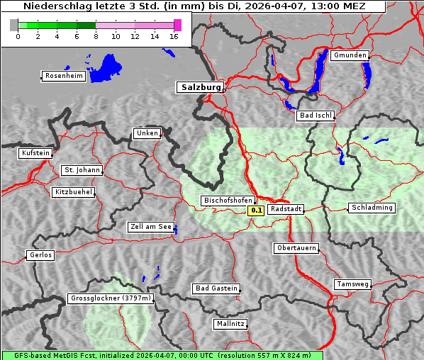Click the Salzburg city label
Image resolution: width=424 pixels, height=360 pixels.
click(x=200, y=87)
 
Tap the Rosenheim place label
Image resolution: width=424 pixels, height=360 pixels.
click(x=63, y=76)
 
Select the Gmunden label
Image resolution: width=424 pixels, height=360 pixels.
click(x=350, y=55)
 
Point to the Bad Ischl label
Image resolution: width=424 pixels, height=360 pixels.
click(x=316, y=116)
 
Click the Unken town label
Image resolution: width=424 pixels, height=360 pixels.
click(x=146, y=133)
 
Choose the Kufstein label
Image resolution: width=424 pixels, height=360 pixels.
click(x=35, y=153)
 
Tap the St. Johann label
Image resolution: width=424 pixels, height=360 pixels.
click(x=82, y=170)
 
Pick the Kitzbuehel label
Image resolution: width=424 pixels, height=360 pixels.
click(x=73, y=192)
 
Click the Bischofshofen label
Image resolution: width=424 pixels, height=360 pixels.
click(x=227, y=201)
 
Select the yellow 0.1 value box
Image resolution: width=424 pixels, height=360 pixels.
click(x=256, y=210)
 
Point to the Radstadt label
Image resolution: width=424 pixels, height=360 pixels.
click(x=286, y=209)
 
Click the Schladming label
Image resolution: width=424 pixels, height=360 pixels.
click(x=372, y=208)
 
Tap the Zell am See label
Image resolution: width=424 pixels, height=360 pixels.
click(x=151, y=227)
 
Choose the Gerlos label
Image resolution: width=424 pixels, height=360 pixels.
click(x=40, y=255)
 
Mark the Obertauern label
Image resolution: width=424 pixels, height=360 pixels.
click(x=296, y=248)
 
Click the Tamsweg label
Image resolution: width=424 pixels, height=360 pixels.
click(x=352, y=284)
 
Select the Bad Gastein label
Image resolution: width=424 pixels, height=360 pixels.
click(x=216, y=288)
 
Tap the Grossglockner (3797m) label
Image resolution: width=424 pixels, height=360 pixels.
click(x=111, y=299)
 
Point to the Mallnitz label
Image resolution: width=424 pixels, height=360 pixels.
click(x=230, y=324)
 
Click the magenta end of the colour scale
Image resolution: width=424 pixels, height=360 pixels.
click(x=177, y=25)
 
